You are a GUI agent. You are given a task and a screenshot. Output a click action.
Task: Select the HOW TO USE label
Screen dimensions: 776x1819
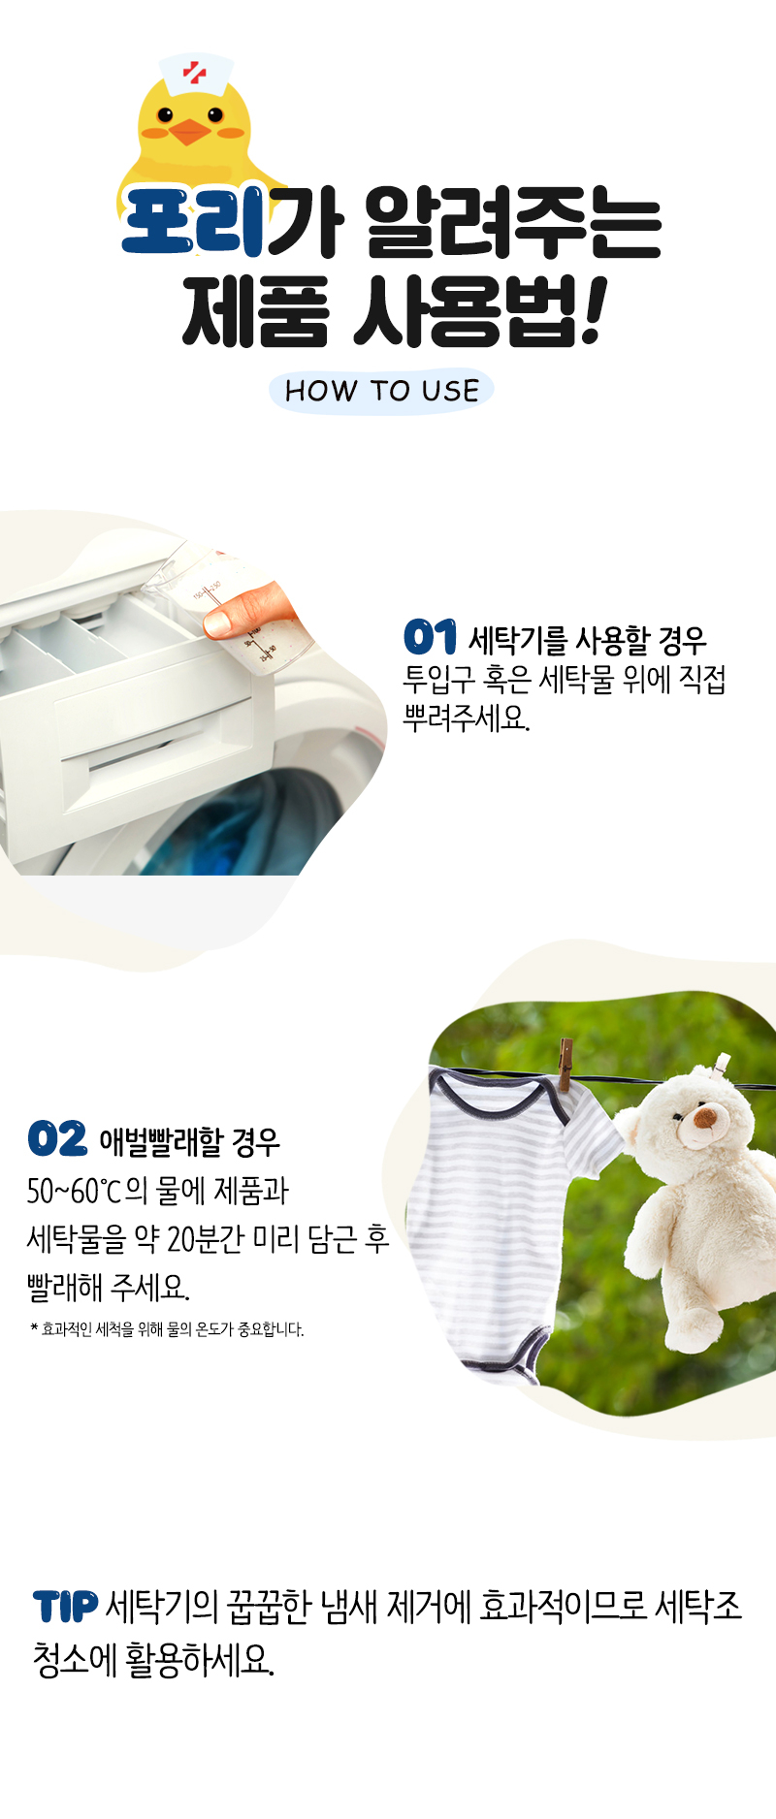pyautogui.click(x=382, y=391)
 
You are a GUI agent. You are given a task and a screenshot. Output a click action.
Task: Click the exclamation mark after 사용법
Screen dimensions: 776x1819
pyautogui.click(x=589, y=310)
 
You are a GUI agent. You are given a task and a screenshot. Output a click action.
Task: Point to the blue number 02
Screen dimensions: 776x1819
pyautogui.click(x=57, y=1138)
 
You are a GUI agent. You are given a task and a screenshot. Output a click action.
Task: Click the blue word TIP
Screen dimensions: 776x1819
pyautogui.click(x=65, y=1607)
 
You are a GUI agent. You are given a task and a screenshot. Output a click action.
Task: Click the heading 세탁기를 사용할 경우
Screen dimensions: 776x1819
pyautogui.click(x=588, y=640)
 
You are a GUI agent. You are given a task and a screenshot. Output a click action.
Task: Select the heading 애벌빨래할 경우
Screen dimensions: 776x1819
pyautogui.click(x=190, y=1142)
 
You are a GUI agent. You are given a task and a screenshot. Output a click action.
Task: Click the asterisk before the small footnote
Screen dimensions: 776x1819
pyautogui.click(x=34, y=1326)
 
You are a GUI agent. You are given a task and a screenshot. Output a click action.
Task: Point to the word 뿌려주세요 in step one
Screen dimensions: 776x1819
pyautogui.click(x=467, y=718)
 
